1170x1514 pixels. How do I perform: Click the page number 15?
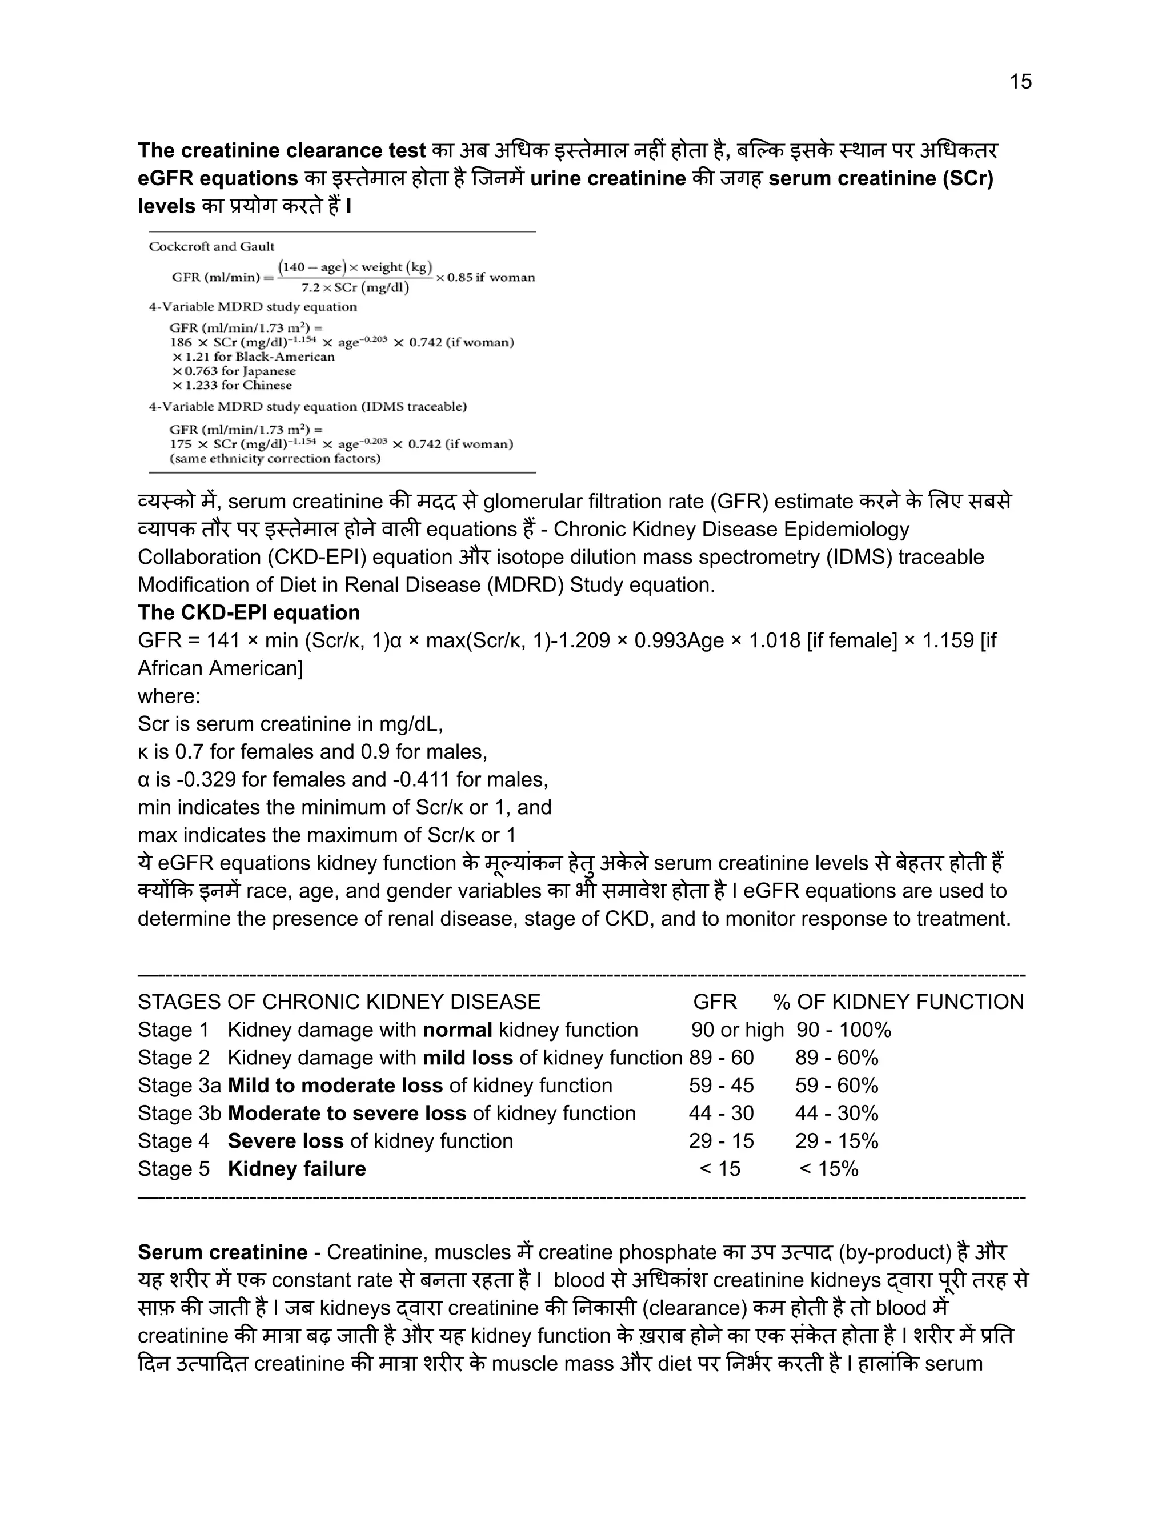coord(1020,82)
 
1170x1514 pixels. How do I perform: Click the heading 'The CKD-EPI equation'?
coord(249,613)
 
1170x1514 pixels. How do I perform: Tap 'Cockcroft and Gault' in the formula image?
coord(211,246)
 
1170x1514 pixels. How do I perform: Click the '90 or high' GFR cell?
coord(737,1030)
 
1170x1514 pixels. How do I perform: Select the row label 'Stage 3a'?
coord(179,1085)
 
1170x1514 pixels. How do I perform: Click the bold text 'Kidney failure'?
coord(296,1169)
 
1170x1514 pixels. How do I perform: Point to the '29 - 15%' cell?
coord(836,1141)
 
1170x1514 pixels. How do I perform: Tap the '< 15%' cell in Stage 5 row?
coord(828,1169)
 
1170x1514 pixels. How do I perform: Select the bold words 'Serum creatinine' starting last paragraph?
coord(222,1252)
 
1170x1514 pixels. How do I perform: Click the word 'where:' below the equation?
coord(169,696)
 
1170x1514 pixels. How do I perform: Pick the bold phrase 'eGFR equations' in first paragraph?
coord(218,178)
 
